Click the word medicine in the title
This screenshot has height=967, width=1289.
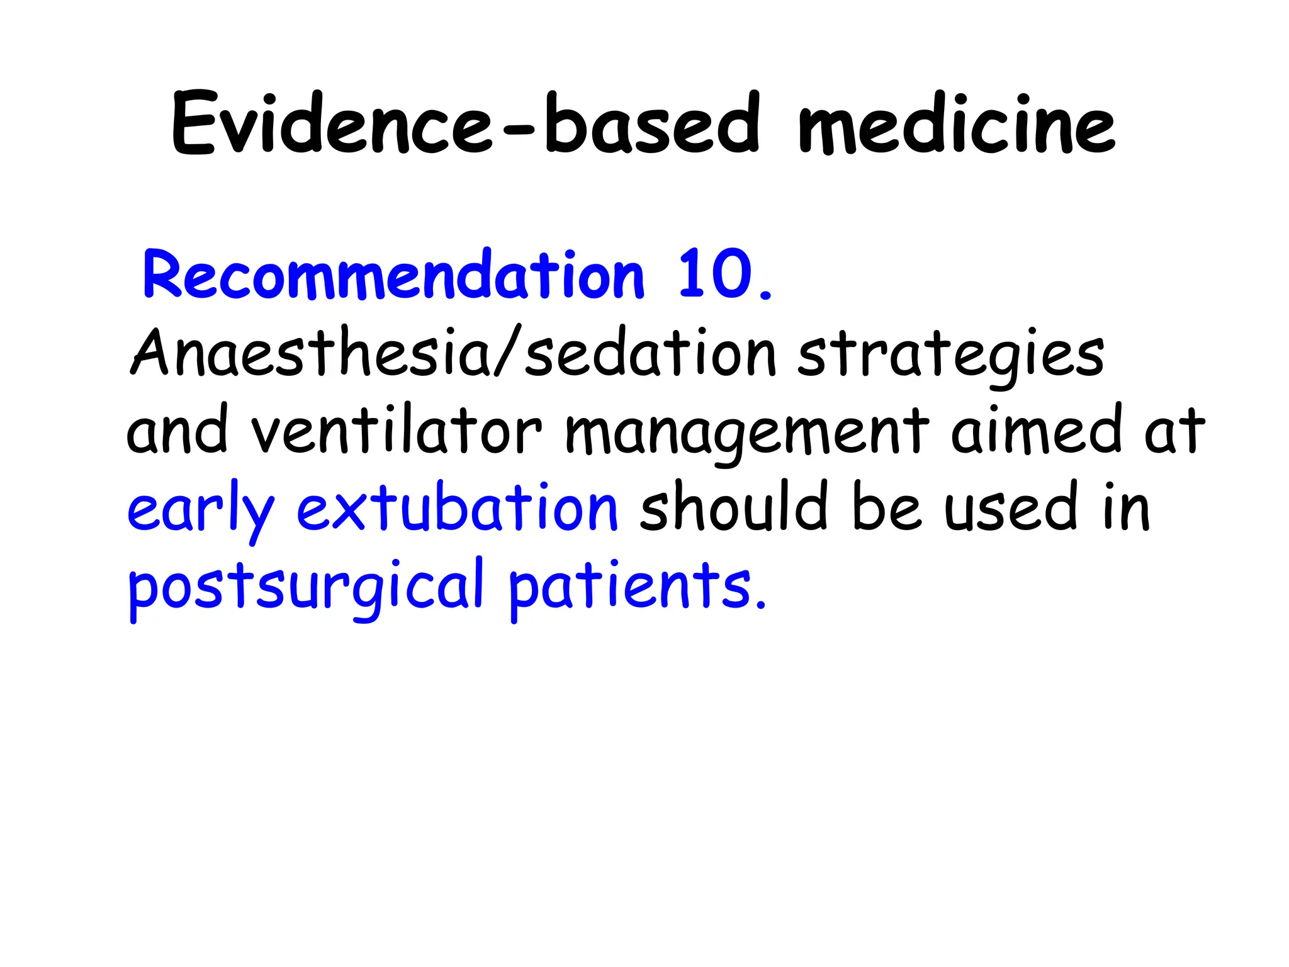click(956, 123)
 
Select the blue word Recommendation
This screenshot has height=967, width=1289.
click(393, 275)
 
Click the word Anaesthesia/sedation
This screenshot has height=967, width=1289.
click(453, 354)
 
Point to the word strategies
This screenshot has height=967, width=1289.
click(950, 356)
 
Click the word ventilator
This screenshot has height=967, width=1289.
click(396, 431)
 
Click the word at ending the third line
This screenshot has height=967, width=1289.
click(1174, 431)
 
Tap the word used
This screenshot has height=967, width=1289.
click(1013, 507)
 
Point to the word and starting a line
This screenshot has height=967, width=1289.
click(177, 431)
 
